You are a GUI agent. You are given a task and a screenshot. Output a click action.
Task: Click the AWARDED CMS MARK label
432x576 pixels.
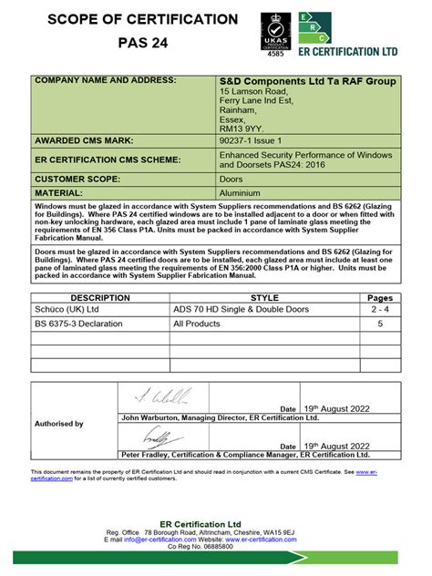coord(84,140)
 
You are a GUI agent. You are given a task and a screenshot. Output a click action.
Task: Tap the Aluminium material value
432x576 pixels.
coord(241,192)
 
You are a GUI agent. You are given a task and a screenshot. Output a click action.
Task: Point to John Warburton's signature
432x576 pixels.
coord(163,396)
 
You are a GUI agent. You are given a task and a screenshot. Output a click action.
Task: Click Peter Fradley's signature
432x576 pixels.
coord(159,435)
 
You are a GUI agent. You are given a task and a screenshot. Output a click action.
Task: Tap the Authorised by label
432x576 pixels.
coord(58,424)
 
